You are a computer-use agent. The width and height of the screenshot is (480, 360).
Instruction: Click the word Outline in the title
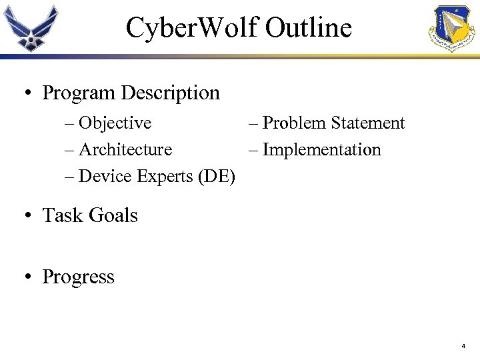pyautogui.click(x=308, y=28)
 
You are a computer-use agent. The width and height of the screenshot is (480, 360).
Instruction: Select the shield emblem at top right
pyautogui.click(x=455, y=28)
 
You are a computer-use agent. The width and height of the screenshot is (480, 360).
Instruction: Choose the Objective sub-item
pyautogui.click(x=115, y=123)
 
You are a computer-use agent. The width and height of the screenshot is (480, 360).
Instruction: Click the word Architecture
pyautogui.click(x=125, y=150)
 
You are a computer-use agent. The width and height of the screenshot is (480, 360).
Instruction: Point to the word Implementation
pyautogui.click(x=321, y=150)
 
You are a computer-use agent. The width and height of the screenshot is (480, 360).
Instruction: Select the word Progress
pyautogui.click(x=78, y=277)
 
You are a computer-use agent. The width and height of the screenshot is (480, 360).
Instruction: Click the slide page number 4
pyautogui.click(x=463, y=347)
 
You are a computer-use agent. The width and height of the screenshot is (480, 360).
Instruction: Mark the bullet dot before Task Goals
pyautogui.click(x=29, y=216)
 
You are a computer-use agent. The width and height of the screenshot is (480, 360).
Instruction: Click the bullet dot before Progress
pyautogui.click(x=29, y=277)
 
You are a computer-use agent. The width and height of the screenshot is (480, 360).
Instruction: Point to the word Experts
pyautogui.click(x=165, y=177)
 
